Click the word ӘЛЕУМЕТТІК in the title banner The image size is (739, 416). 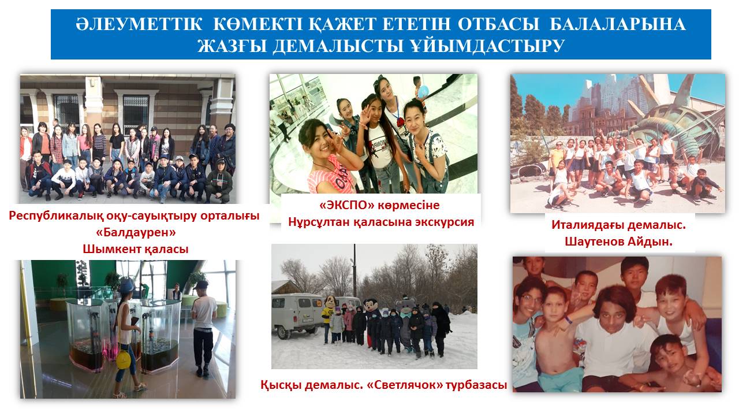139,24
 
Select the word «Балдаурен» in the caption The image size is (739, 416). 136,232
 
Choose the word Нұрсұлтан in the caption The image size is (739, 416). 319,222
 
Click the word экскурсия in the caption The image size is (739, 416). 443,222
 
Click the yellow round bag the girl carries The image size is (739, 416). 123,359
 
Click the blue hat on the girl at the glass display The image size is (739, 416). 126,284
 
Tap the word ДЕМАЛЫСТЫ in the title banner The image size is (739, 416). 338,46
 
